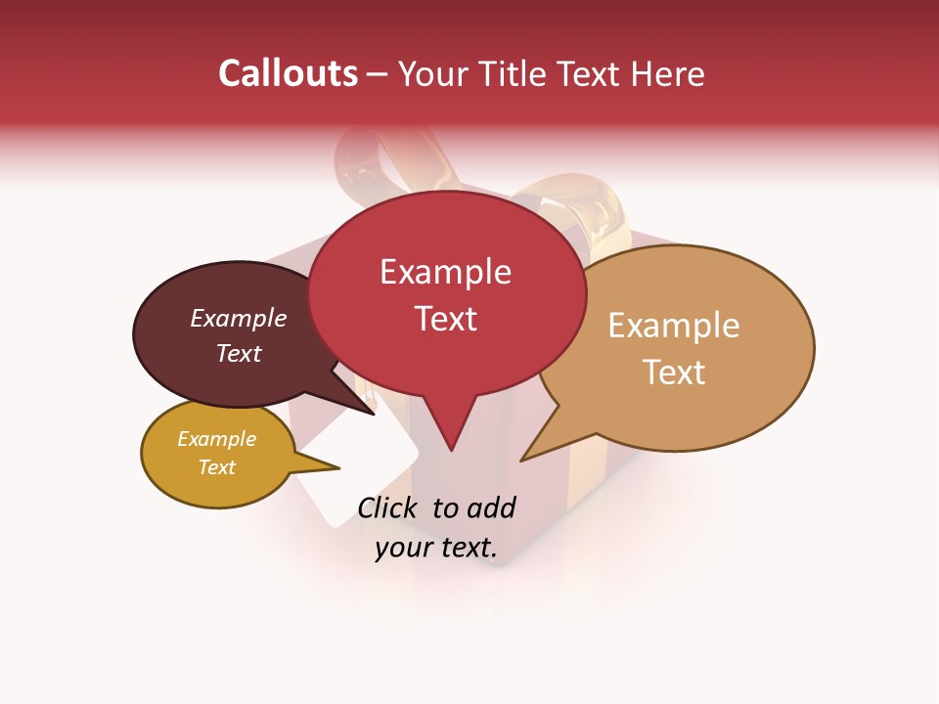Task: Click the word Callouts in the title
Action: tap(288, 73)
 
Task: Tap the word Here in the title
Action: tap(668, 73)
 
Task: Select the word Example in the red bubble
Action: tap(445, 272)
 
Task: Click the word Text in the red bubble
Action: tap(445, 319)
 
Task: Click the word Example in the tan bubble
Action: tap(674, 326)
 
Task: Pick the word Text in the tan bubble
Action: tap(674, 373)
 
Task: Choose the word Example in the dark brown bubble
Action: tap(239, 318)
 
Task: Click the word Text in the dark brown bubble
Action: tap(239, 353)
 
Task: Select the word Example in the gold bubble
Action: tap(216, 439)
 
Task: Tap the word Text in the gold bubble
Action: tap(216, 467)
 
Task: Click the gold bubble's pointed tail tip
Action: tap(338, 467)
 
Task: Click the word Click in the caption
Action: tap(389, 507)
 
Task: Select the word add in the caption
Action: tap(490, 507)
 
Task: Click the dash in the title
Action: tap(379, 74)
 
